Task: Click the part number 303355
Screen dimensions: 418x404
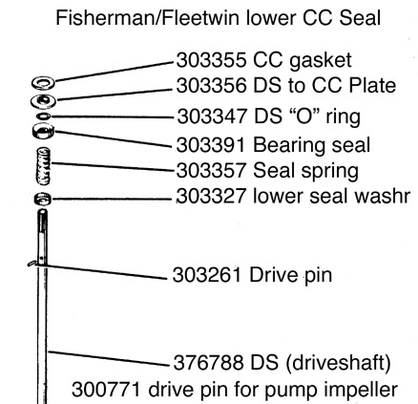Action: click(211, 60)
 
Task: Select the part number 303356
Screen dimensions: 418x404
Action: click(211, 85)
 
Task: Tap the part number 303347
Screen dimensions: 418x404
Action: click(212, 116)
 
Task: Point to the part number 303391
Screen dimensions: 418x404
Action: click(211, 145)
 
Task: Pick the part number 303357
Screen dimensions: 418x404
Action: click(211, 171)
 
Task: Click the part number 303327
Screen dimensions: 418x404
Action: click(211, 196)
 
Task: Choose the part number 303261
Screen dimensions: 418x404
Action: click(206, 275)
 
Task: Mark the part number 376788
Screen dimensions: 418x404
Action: click(208, 362)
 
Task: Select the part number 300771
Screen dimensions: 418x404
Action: click(106, 390)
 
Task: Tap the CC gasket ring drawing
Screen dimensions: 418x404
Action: click(43, 83)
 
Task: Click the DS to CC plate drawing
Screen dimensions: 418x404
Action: click(43, 101)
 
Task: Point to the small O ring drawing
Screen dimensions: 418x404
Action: click(43, 117)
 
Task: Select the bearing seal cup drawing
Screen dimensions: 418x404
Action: click(43, 131)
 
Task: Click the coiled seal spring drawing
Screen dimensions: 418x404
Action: click(44, 165)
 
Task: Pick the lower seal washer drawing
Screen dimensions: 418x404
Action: click(43, 199)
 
